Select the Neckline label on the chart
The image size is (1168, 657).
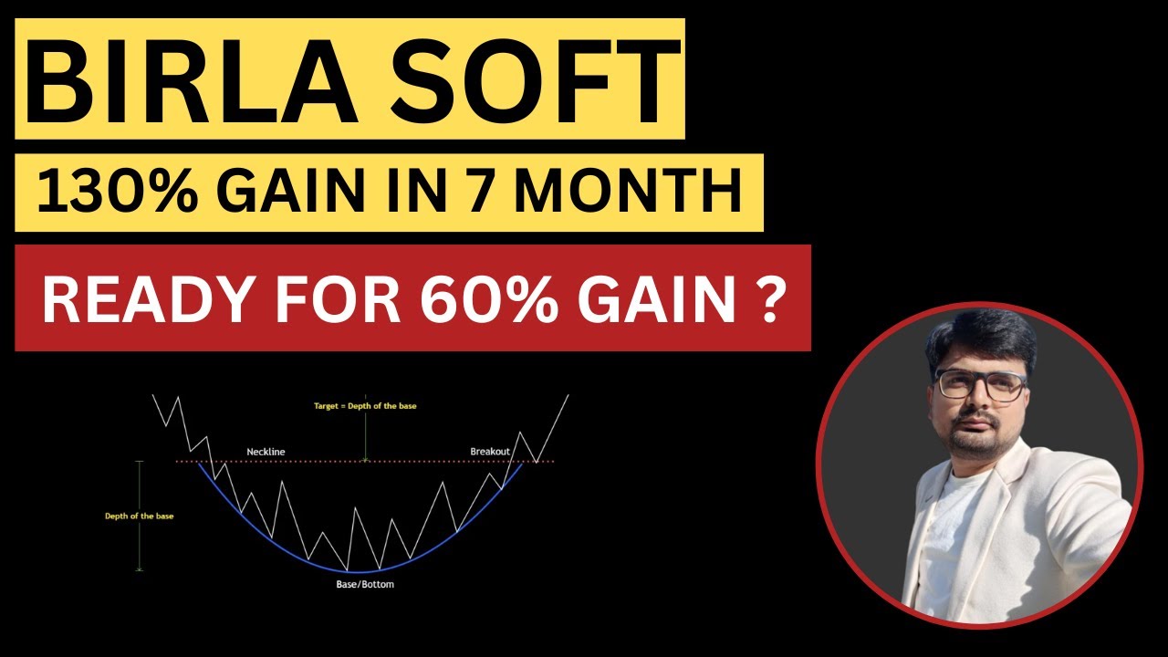click(266, 452)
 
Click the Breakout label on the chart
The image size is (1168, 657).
click(490, 452)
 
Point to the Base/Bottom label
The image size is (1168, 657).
click(365, 584)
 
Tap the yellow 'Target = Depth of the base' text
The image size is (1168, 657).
click(365, 405)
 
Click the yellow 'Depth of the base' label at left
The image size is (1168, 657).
click(139, 516)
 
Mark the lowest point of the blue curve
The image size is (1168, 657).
click(365, 571)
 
